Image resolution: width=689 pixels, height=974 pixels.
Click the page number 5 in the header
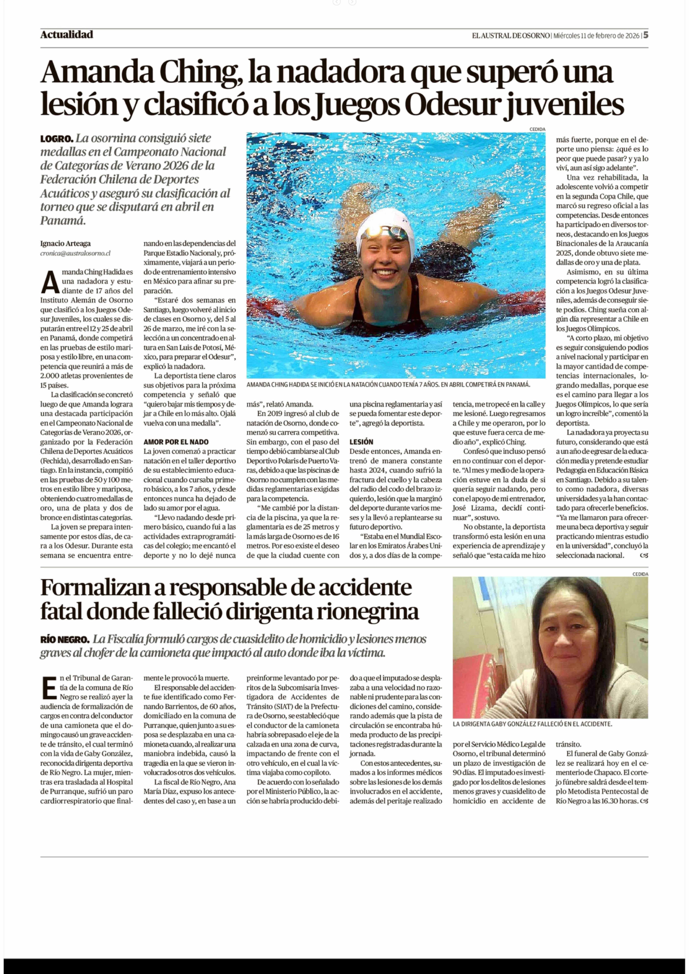(x=645, y=35)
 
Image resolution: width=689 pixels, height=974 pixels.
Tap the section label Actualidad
(x=67, y=35)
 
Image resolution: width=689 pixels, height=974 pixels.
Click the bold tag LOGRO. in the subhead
(x=57, y=139)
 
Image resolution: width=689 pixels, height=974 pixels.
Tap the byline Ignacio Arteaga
(x=65, y=244)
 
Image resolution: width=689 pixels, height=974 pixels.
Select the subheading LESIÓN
(x=361, y=442)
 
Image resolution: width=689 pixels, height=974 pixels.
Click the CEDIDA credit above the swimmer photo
(x=537, y=129)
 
